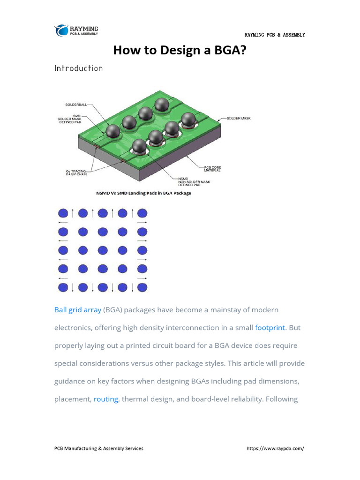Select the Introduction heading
pyautogui.click(x=78, y=68)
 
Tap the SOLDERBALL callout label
pyautogui.click(x=75, y=104)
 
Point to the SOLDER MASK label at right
pyautogui.click(x=239, y=118)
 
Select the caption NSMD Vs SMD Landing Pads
pyautogui.click(x=143, y=193)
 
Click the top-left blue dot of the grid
pyautogui.click(x=63, y=213)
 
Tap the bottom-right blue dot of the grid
pyautogui.click(x=142, y=287)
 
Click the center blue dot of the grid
pyautogui.click(x=103, y=250)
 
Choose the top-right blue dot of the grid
pyautogui.click(x=142, y=213)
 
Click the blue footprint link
pyautogui.click(x=270, y=328)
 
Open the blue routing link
pyautogui.click(x=106, y=399)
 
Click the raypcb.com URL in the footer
pyautogui.click(x=275, y=448)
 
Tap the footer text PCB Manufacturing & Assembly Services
pyautogui.click(x=99, y=448)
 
